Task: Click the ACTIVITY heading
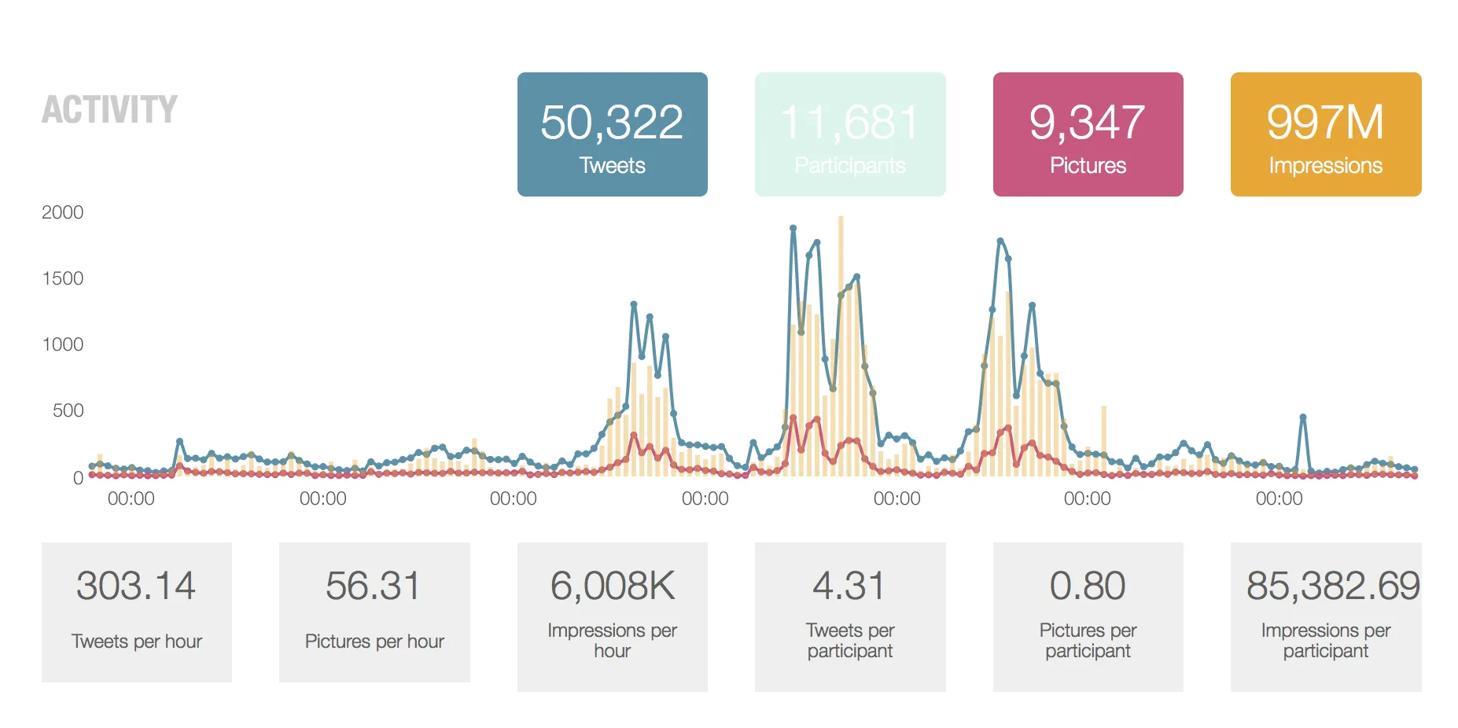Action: click(x=109, y=109)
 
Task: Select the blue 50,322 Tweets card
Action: click(x=612, y=134)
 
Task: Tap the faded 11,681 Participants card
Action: click(x=849, y=134)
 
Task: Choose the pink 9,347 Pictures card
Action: click(x=1088, y=134)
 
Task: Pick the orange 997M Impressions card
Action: click(x=1325, y=134)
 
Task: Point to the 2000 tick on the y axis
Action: click(x=62, y=212)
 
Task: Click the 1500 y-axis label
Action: click(x=62, y=278)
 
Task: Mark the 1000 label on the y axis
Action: click(x=62, y=344)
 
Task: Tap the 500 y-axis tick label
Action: click(x=68, y=410)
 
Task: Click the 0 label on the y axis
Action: click(x=78, y=477)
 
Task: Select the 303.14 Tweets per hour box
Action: click(x=136, y=612)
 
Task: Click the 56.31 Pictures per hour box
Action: click(x=374, y=612)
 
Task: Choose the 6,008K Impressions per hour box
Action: click(x=612, y=616)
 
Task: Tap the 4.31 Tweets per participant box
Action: click(x=849, y=616)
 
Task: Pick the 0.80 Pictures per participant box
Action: click(x=1088, y=616)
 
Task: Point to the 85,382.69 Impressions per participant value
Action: click(x=1333, y=586)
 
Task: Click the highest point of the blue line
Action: click(x=793, y=228)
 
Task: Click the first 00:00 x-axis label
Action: click(x=131, y=498)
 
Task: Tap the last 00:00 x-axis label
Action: click(x=1279, y=498)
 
